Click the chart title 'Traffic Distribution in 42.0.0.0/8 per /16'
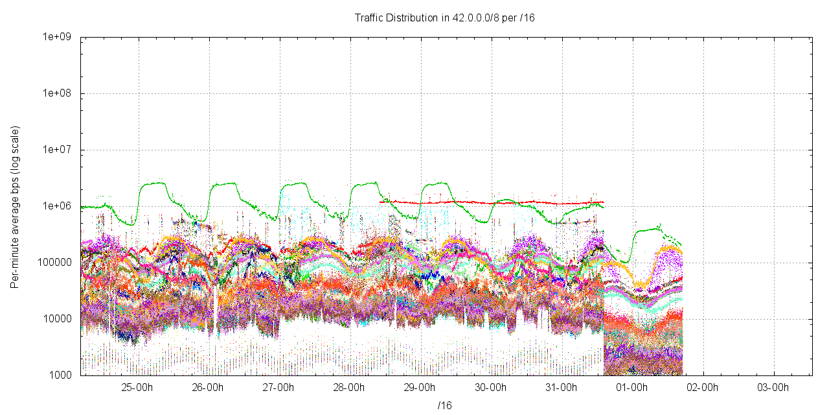444,18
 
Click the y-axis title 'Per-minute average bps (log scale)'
15,207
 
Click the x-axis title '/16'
444,405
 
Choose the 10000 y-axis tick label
58,319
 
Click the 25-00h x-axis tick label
137,388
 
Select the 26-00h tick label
208,388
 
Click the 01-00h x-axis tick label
631,388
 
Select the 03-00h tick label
773,388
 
